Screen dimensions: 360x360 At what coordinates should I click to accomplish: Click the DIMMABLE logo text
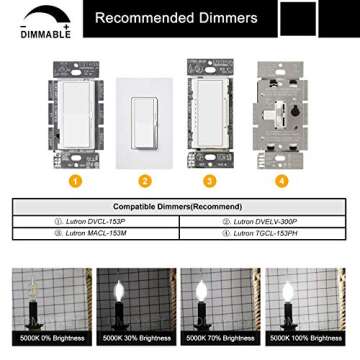[39, 33]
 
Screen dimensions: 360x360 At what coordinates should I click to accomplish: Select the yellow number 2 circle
[144, 181]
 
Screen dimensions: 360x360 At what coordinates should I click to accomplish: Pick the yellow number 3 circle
[209, 181]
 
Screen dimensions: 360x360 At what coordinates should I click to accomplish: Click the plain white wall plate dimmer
[144, 117]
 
